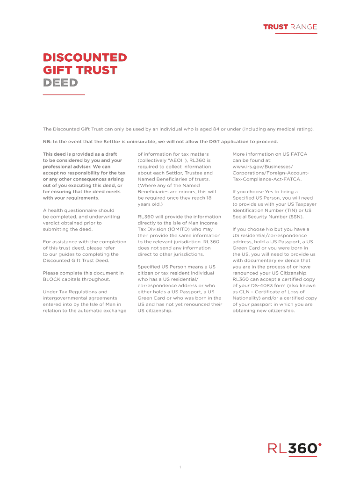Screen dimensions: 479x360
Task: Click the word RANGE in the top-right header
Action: click(x=303, y=27)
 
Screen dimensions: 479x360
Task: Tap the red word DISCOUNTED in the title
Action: click(x=85, y=58)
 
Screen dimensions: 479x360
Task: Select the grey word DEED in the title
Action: click(x=60, y=83)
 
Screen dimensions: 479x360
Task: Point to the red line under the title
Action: click(x=64, y=94)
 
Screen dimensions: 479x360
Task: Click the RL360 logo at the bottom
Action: click(x=294, y=449)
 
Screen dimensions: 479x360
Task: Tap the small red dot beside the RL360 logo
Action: click(x=320, y=444)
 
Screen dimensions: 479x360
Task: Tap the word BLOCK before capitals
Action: click(x=52, y=279)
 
